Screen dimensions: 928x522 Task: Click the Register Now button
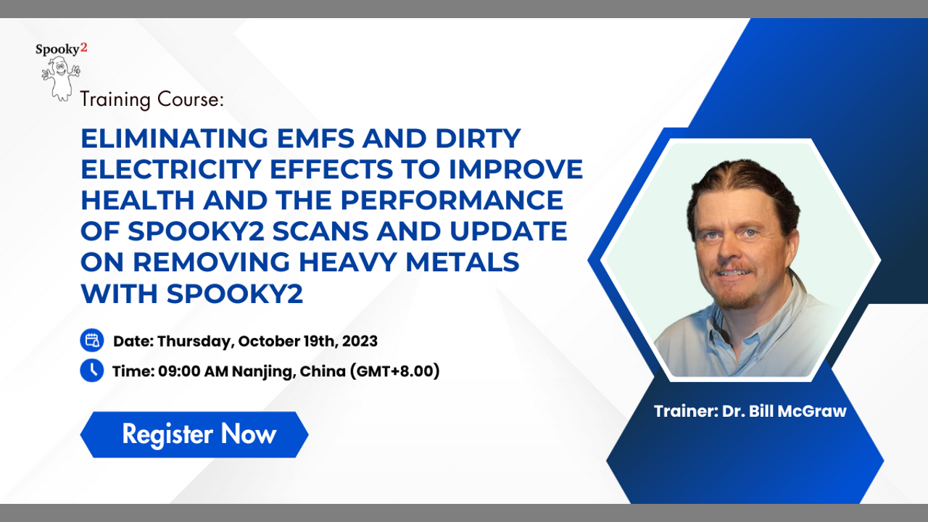point(194,434)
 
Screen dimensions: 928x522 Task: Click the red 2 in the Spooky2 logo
point(83,48)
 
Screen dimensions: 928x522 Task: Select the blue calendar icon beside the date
point(92,341)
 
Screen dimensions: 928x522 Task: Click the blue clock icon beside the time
point(92,370)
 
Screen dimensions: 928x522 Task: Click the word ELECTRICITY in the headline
point(170,170)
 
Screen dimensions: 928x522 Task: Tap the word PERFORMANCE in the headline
point(452,201)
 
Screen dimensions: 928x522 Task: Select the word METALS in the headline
point(463,262)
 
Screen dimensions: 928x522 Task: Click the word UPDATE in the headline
point(508,231)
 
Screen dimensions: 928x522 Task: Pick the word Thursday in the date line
point(196,341)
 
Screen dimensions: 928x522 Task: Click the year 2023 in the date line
point(360,341)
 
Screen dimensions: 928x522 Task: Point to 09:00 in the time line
point(179,371)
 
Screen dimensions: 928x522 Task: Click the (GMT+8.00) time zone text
point(395,371)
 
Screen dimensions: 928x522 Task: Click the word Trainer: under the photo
point(686,411)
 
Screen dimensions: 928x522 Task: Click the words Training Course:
point(152,100)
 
